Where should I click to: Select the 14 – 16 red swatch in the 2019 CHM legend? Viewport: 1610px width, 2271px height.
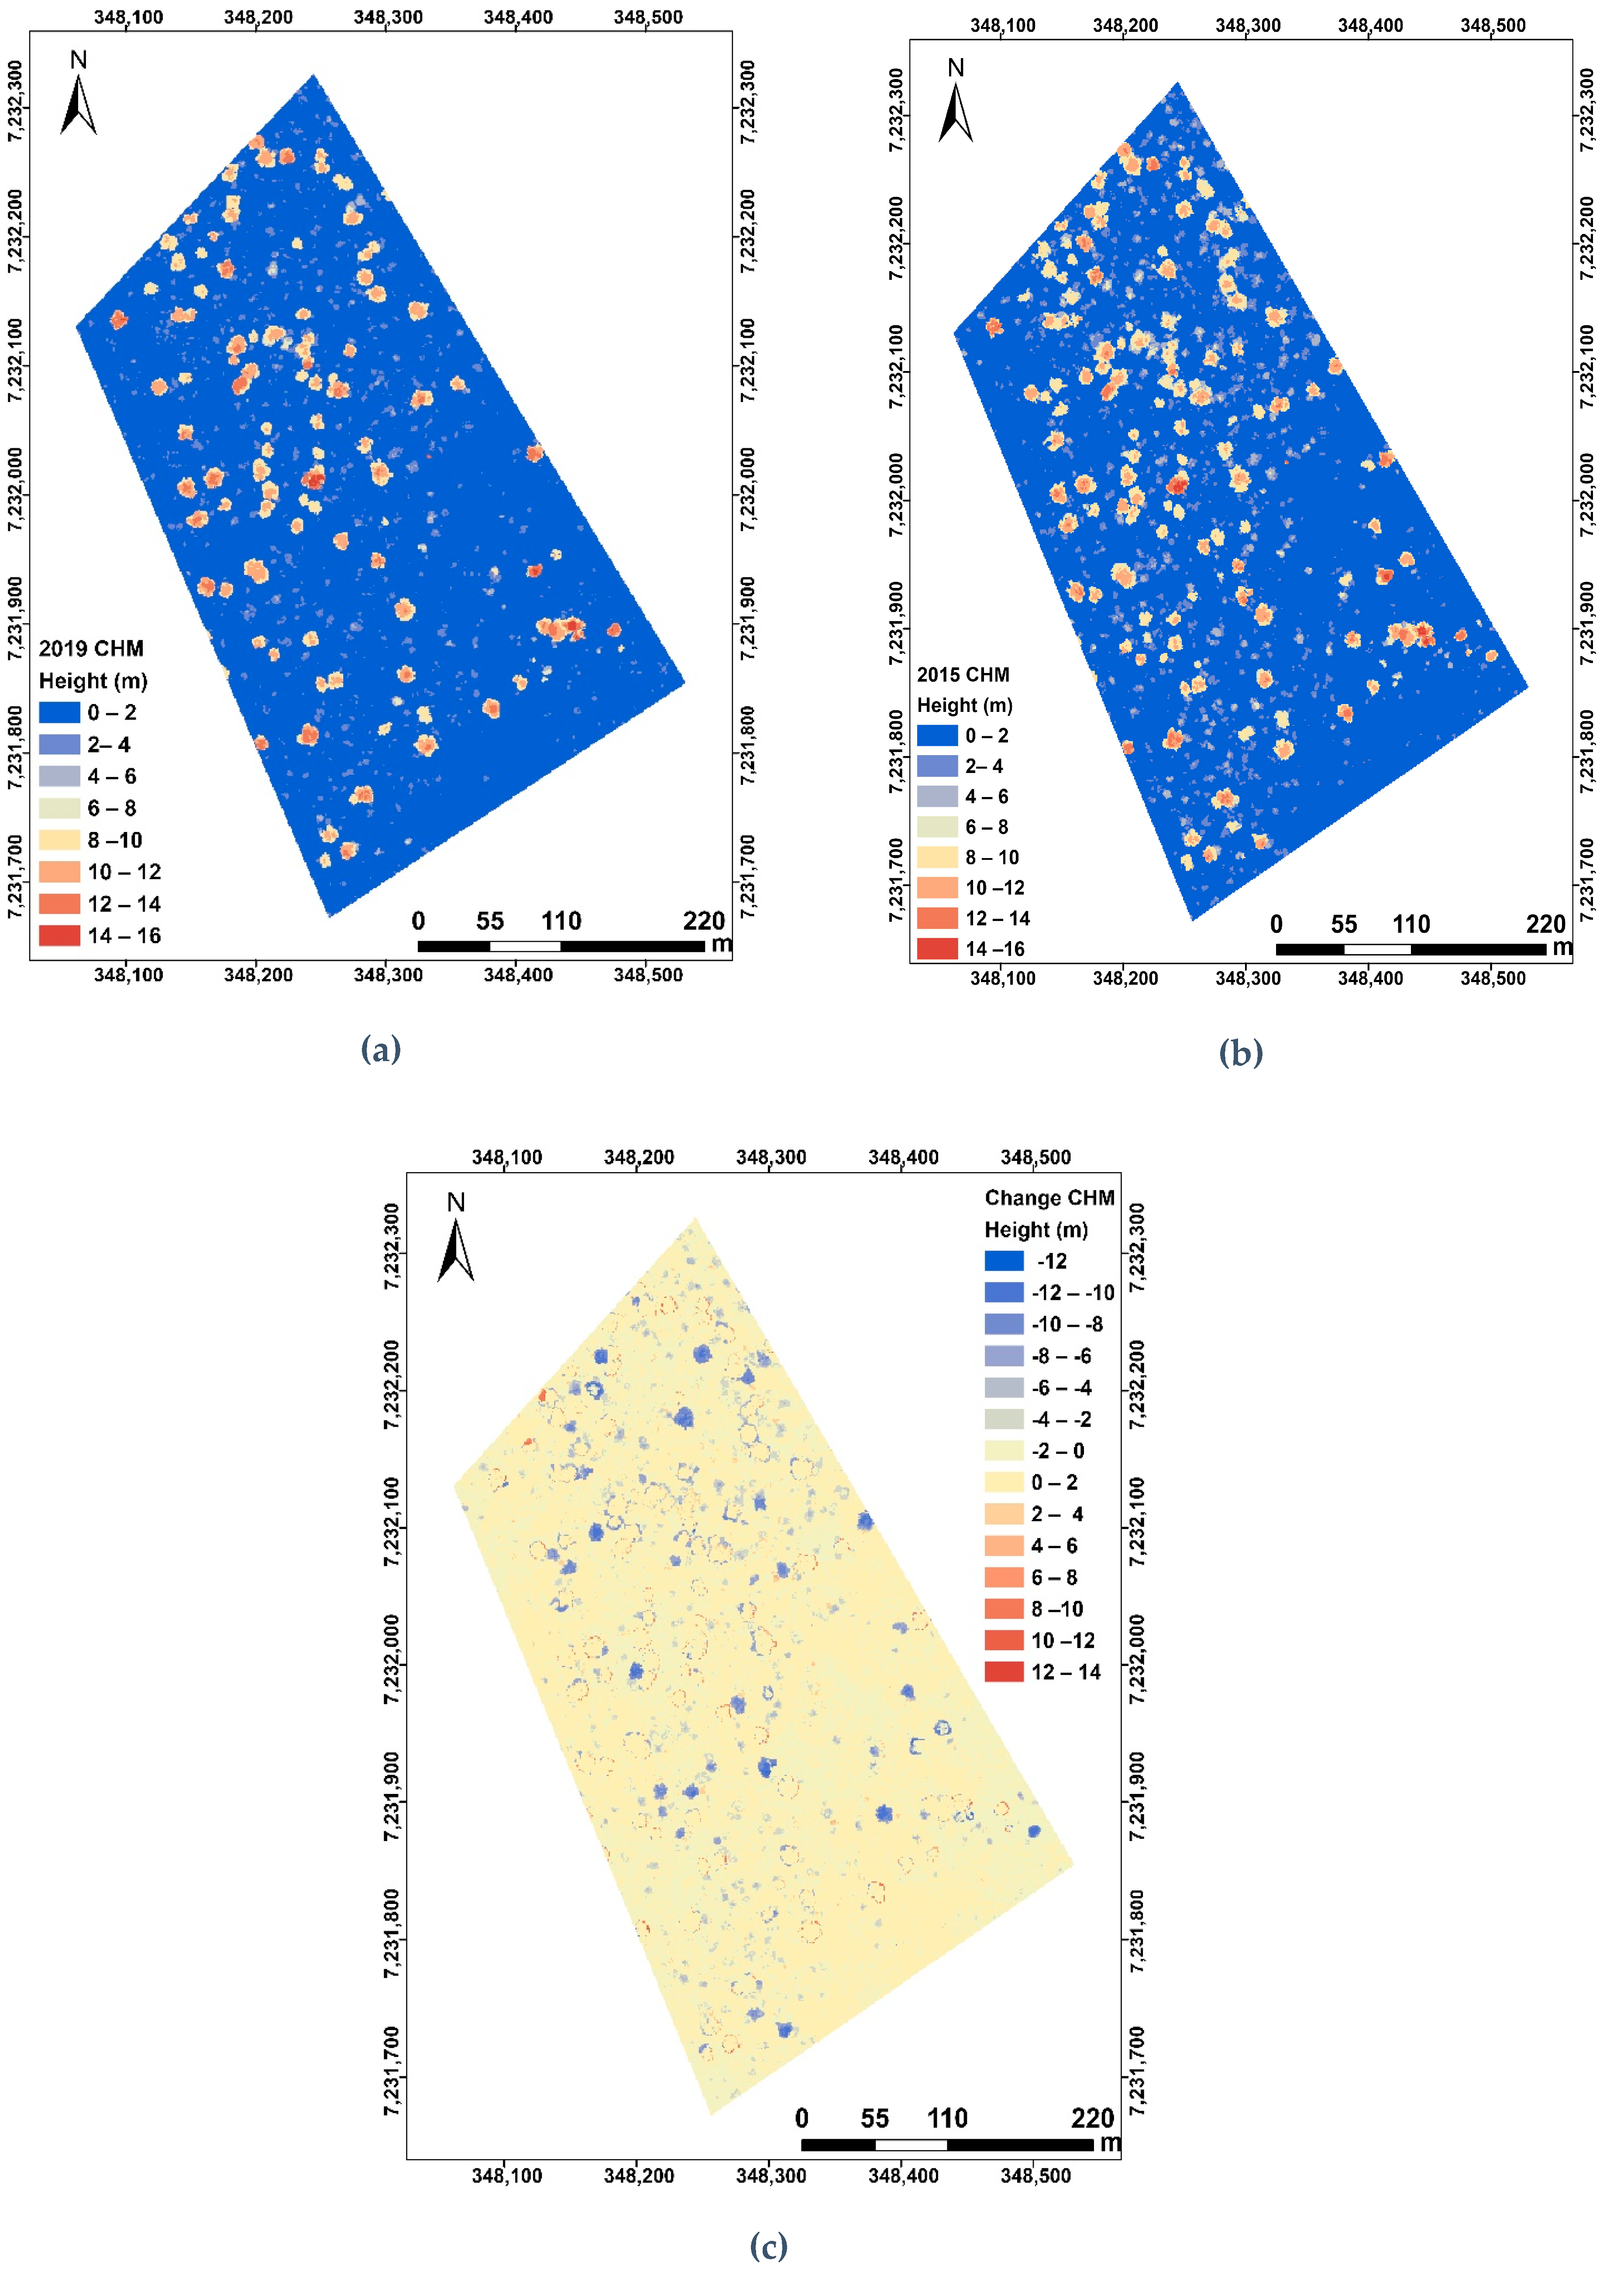[59, 935]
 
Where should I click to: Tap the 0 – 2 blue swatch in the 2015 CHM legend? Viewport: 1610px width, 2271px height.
[937, 735]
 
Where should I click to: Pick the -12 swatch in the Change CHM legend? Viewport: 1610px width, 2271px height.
[1003, 1261]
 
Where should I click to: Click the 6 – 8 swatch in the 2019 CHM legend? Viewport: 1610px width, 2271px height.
[59, 808]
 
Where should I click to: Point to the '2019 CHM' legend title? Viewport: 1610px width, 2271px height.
[91, 648]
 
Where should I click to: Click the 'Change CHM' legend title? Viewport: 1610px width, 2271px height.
[1049, 1197]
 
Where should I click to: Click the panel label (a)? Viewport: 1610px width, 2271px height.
[381, 1049]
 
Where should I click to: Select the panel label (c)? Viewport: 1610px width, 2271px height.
[768, 2245]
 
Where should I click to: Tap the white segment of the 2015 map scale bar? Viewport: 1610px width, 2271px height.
[1377, 950]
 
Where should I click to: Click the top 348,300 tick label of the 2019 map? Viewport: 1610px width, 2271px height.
[388, 17]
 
